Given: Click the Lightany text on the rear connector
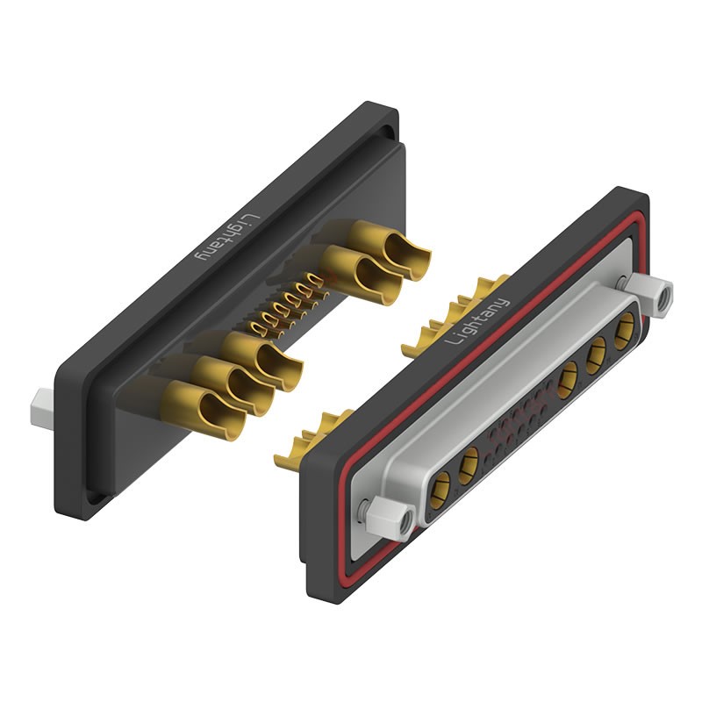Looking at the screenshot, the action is point(228,237).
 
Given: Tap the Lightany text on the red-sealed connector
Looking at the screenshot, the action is point(477,320).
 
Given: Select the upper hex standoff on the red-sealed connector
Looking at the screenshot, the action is point(650,295).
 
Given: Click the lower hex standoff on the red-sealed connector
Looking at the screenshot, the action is point(390,516).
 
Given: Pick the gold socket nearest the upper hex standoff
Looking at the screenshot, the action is point(624,331).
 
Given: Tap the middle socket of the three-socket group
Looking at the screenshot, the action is point(596,355).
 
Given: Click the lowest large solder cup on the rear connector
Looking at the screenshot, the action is point(205,410).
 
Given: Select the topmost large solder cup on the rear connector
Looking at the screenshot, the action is point(390,249).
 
